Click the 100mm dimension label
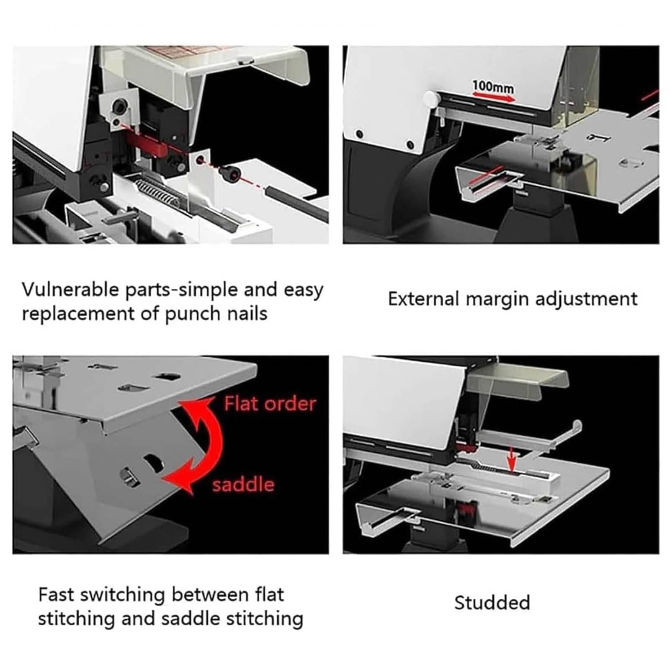493,87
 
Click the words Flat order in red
270,404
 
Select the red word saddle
243,484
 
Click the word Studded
492,603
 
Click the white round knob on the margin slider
431,99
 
